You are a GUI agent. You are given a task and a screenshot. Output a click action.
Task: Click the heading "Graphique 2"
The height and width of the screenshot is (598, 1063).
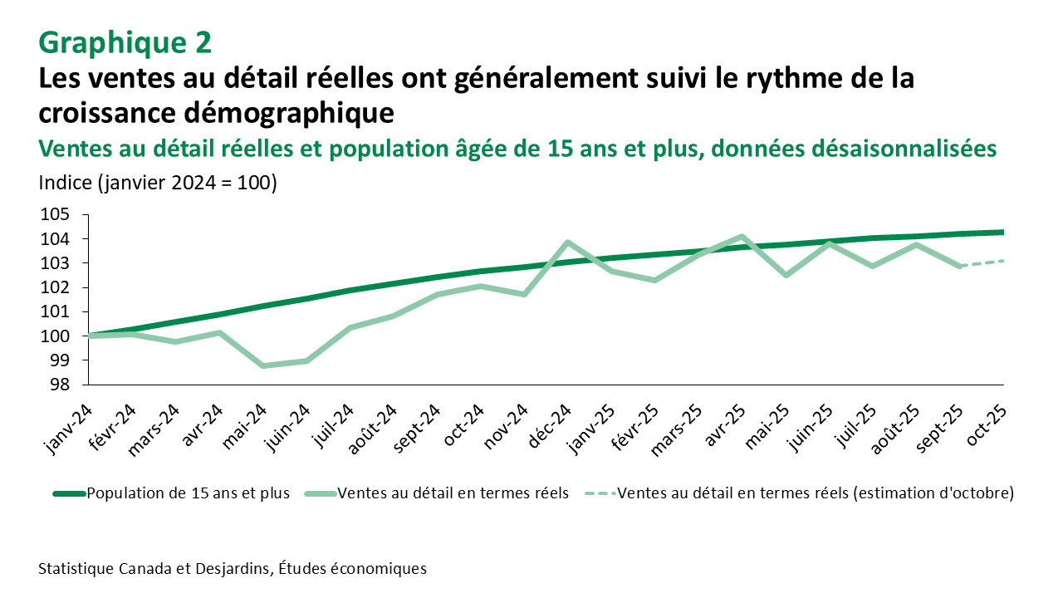[125, 41]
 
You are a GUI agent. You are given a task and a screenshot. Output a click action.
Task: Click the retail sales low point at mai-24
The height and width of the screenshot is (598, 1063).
[263, 365]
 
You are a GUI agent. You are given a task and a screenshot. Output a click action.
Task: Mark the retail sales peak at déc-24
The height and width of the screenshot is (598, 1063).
[567, 243]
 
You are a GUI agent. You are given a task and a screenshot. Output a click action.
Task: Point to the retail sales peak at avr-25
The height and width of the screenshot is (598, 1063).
[742, 237]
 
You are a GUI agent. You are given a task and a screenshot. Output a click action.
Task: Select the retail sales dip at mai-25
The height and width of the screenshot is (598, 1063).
[786, 275]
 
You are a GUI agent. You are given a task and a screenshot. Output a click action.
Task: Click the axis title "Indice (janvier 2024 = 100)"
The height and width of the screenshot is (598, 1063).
[157, 184]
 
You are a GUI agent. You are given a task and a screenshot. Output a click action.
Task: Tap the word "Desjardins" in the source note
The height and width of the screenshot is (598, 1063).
[233, 569]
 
